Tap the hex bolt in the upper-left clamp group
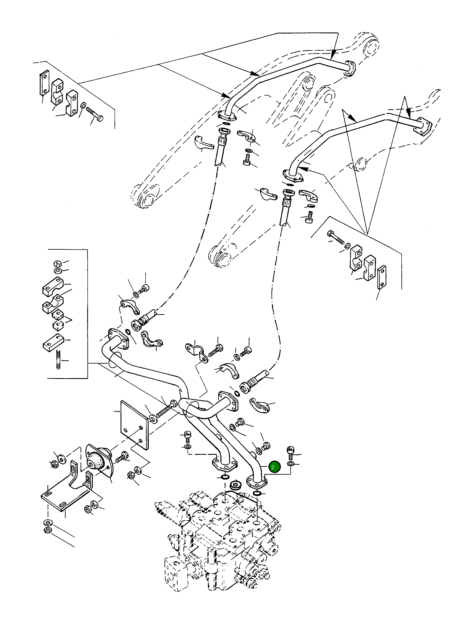coord(95,114)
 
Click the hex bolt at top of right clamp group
coord(336,237)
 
